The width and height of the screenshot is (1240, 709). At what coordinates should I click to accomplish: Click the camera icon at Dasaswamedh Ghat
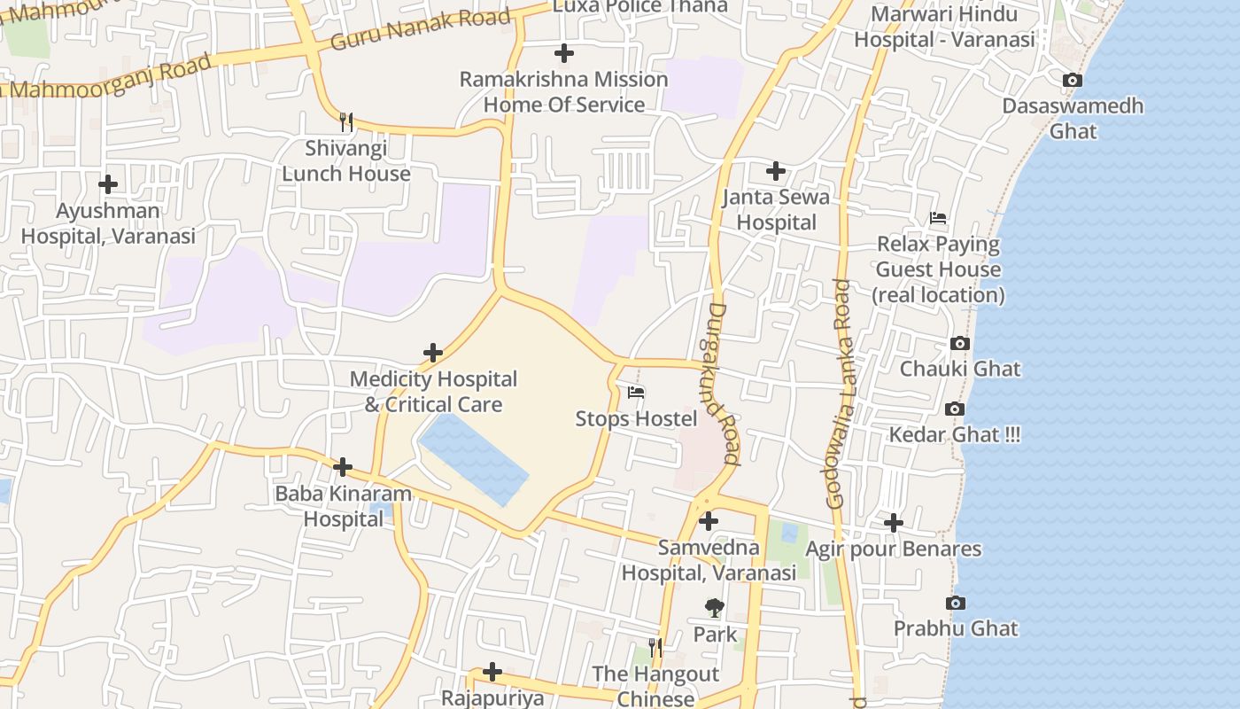tap(1072, 81)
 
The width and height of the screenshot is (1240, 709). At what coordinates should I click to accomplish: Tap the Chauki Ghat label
tap(960, 369)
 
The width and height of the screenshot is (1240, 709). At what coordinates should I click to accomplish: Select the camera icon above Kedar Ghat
tap(954, 409)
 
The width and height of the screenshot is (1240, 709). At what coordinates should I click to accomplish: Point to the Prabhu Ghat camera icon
tap(955, 604)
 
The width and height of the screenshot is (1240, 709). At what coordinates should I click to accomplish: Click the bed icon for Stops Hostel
tap(636, 393)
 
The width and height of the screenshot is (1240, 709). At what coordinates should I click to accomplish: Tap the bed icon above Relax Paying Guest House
tap(938, 218)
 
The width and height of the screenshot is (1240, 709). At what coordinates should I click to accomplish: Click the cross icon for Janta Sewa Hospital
tap(776, 170)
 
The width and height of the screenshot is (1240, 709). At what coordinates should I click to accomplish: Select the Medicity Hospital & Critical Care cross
tap(432, 353)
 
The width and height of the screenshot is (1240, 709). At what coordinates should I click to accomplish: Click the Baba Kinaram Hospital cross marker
tap(343, 467)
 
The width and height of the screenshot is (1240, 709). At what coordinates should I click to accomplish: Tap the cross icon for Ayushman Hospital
tap(108, 184)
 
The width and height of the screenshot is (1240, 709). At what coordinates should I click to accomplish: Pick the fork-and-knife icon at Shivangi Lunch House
tap(346, 121)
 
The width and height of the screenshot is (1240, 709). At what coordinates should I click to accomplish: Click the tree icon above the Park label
tap(714, 608)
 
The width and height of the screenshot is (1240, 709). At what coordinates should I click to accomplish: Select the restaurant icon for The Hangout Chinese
tap(655, 648)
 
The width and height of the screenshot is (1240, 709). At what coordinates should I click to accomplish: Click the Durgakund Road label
tap(724, 384)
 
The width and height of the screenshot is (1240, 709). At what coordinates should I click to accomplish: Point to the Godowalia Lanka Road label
tap(839, 393)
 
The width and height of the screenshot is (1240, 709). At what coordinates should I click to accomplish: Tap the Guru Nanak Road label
tap(421, 29)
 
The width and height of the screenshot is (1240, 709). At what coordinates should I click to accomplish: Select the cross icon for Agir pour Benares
tap(893, 523)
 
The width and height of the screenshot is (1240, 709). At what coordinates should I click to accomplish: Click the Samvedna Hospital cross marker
tap(709, 521)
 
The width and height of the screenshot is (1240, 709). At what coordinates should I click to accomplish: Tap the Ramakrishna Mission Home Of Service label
tap(563, 91)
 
